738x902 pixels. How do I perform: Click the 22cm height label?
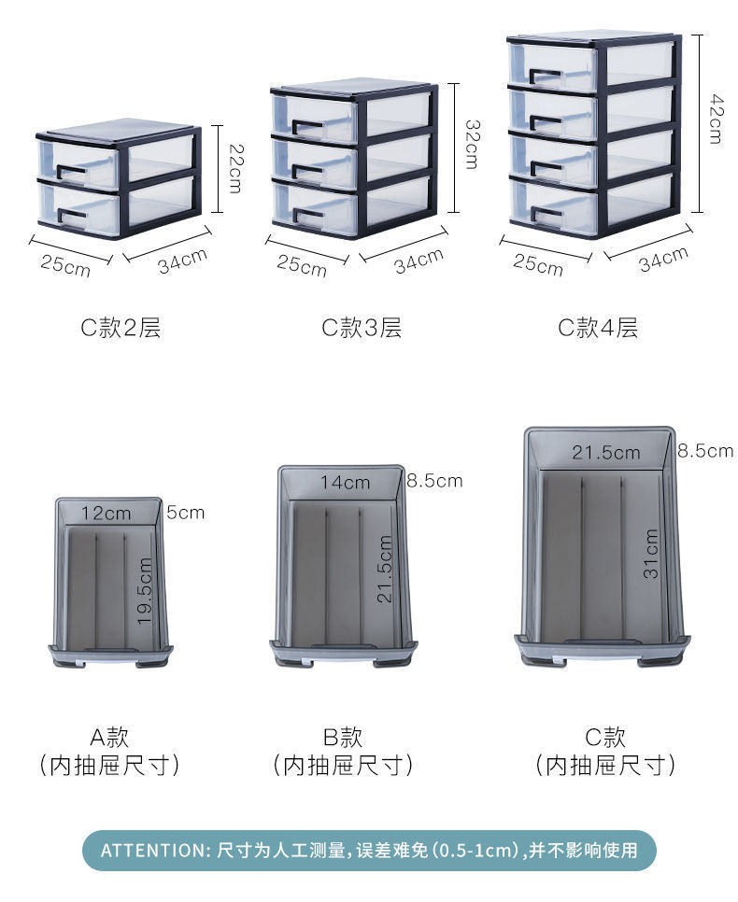234,168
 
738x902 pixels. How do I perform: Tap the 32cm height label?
472,144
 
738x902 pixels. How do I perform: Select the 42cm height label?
715,118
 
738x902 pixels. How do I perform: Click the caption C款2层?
121,328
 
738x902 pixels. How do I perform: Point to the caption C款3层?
362,328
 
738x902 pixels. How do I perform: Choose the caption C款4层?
598,328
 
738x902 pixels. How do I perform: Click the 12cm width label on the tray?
106,513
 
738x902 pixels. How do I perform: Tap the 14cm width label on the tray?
345,483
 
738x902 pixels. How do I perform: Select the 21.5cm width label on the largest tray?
606,453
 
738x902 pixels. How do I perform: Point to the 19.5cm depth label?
144,590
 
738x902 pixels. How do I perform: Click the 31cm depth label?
651,554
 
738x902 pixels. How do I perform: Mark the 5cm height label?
186,513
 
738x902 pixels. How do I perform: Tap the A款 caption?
109,737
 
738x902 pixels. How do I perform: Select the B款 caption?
342,737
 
